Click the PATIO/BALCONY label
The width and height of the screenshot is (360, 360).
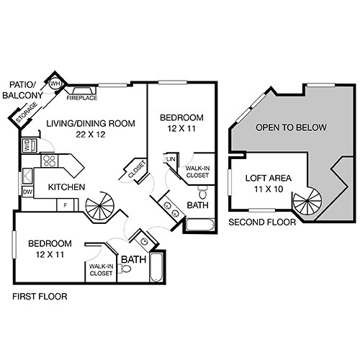coord(22,89)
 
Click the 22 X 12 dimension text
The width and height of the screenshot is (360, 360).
coord(91,133)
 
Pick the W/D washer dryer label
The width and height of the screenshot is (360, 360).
coord(27,144)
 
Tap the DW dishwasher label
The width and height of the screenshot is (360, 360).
coord(27,192)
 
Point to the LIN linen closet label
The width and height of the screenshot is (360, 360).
coord(171,159)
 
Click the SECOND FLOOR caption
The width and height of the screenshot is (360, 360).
coord(262,222)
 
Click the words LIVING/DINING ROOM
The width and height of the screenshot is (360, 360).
coord(91,123)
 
